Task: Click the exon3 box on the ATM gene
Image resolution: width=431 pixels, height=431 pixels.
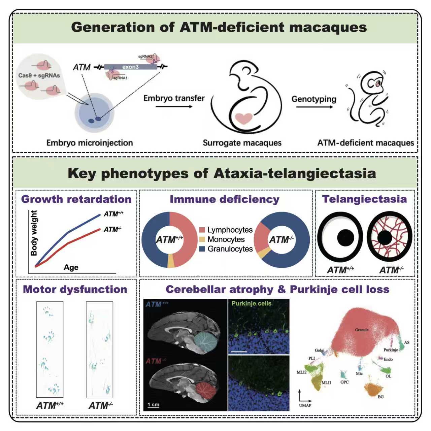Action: click(x=130, y=67)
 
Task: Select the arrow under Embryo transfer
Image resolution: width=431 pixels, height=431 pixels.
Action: click(x=174, y=107)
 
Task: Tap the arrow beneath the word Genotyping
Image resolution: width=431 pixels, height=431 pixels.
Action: click(x=314, y=107)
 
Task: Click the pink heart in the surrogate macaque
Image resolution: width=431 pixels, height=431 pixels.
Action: click(x=244, y=119)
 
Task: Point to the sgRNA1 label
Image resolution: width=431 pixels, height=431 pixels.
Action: click(x=120, y=78)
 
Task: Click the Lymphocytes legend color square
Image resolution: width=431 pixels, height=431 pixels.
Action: click(x=202, y=230)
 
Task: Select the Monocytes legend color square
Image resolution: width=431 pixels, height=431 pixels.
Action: click(x=202, y=239)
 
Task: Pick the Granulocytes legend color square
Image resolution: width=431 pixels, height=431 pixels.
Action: click(x=202, y=249)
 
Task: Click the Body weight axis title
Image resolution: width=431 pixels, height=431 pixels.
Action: click(x=34, y=233)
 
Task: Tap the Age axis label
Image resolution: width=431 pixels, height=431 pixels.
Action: click(x=71, y=267)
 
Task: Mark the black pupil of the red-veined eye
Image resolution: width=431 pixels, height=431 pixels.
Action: click(x=385, y=238)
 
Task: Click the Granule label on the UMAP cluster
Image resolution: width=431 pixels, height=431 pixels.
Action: click(x=362, y=330)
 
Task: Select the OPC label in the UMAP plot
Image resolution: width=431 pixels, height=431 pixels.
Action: click(x=344, y=382)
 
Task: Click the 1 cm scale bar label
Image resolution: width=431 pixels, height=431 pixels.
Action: click(x=153, y=404)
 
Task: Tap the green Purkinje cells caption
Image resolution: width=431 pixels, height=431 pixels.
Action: click(x=251, y=303)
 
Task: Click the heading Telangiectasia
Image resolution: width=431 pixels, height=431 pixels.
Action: click(x=364, y=199)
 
